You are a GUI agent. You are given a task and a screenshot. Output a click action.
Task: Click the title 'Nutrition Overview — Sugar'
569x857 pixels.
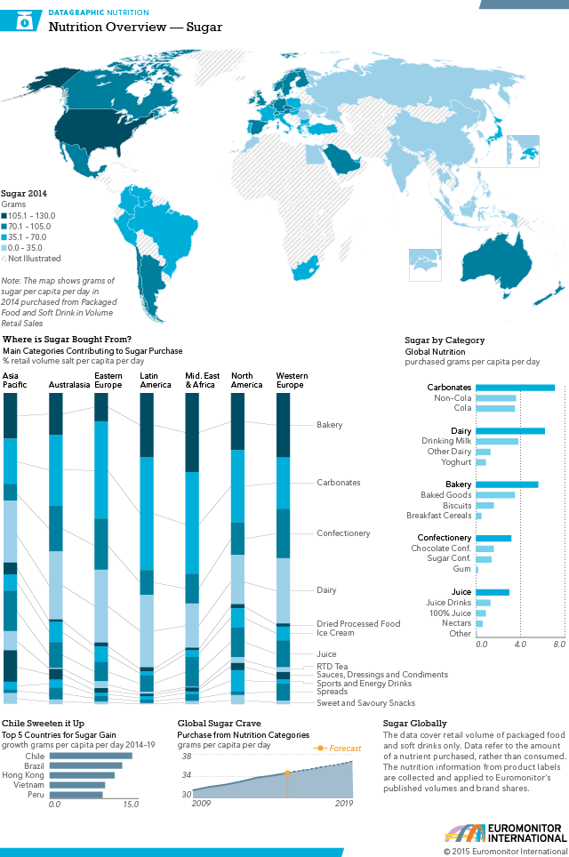[x=135, y=28]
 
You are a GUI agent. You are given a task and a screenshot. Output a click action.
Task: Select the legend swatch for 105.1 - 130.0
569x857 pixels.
[x=4, y=215]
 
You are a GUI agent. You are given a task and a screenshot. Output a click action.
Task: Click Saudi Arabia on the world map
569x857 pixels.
[x=340, y=159]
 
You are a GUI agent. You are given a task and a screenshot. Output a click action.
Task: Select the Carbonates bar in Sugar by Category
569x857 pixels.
[x=515, y=388]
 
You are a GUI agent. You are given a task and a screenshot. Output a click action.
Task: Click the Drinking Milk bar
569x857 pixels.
[x=497, y=441]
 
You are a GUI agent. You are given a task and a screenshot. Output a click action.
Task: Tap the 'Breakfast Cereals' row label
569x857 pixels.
[x=438, y=516]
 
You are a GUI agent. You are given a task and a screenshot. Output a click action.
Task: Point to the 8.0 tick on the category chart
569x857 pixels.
[x=559, y=643]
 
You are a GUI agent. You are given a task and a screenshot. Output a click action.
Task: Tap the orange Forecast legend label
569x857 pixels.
[x=345, y=749]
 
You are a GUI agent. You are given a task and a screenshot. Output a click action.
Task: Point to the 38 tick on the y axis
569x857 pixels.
[x=186, y=757]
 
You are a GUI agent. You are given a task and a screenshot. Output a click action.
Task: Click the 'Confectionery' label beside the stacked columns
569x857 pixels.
[x=343, y=533]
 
